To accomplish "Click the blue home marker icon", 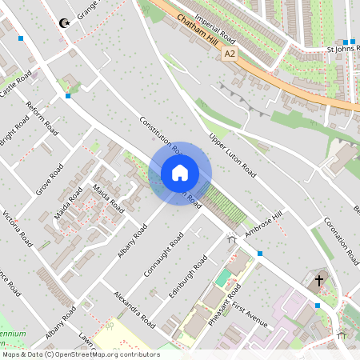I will (x=180, y=173).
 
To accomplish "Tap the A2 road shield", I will (x=230, y=53).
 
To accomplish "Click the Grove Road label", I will (x=49, y=180).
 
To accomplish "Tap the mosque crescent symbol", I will (x=64, y=24).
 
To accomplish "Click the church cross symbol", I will (x=319, y=281).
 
